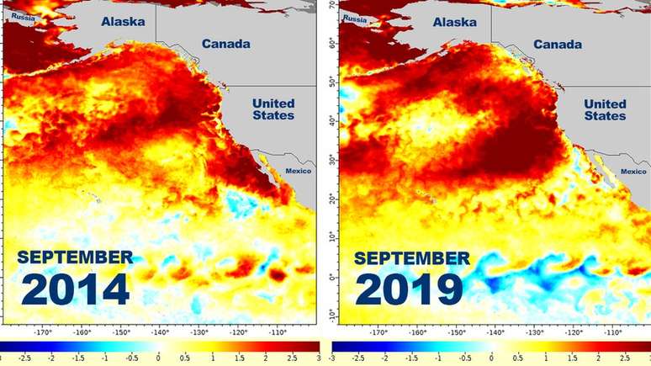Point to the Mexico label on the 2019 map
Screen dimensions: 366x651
pos(634,172)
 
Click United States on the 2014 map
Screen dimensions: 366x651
pos(274,109)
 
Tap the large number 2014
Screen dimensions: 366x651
pos(75,289)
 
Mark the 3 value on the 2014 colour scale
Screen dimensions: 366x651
pos(317,359)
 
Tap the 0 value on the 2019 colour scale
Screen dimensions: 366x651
pos(490,359)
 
